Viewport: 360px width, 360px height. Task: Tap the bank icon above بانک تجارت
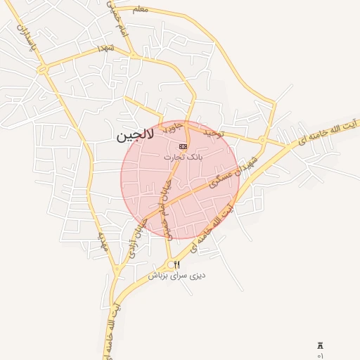(x=184, y=146)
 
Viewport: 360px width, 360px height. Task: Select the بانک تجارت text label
(x=183, y=157)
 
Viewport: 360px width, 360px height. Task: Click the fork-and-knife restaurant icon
(x=176, y=264)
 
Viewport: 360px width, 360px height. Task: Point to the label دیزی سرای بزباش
(x=176, y=276)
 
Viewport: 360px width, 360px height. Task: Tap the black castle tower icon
(x=321, y=346)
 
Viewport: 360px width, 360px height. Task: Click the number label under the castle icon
(x=321, y=356)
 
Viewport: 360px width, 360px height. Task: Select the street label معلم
(x=141, y=9)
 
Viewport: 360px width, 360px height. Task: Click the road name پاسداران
(x=25, y=39)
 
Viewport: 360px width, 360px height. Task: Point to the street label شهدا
(x=106, y=47)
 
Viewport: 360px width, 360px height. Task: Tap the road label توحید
(x=213, y=132)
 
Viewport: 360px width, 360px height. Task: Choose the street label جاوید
(x=173, y=127)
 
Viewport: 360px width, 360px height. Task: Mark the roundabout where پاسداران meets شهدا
(x=44, y=69)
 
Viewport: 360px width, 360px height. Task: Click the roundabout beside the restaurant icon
(x=169, y=265)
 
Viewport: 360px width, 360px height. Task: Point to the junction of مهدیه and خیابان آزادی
(x=116, y=269)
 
